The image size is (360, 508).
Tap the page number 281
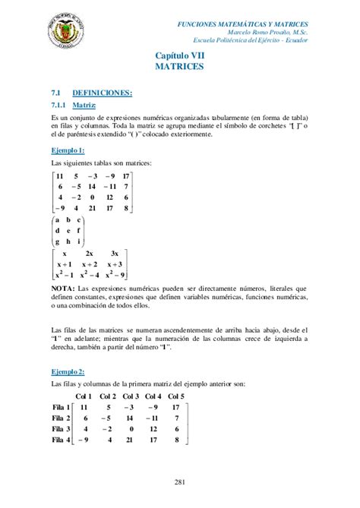[180, 481]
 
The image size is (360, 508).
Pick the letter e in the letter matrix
[68, 230]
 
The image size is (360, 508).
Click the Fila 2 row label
[61, 418]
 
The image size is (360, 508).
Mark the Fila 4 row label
[61, 439]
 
